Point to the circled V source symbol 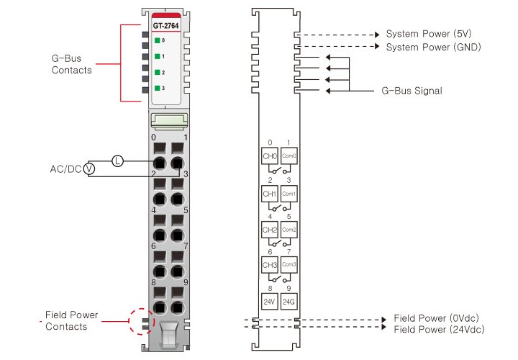(x=89, y=168)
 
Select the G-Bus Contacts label (x=72, y=63)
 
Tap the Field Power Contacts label (x=71, y=321)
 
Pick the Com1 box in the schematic (x=288, y=194)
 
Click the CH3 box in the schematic (x=269, y=265)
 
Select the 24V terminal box (x=269, y=300)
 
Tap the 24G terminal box (x=288, y=300)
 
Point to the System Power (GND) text (x=433, y=48)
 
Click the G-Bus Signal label (x=412, y=91)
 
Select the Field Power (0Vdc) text (x=437, y=318)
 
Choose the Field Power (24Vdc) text (x=439, y=329)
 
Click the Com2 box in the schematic (x=288, y=230)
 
